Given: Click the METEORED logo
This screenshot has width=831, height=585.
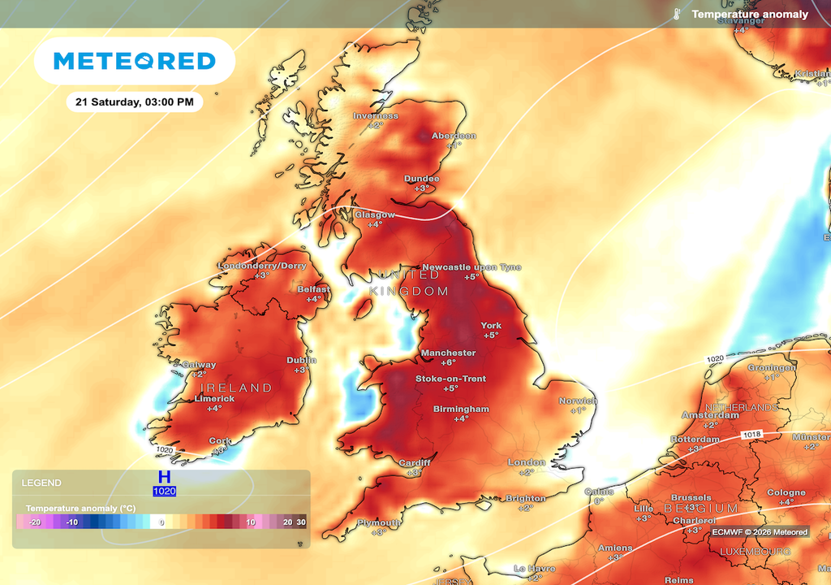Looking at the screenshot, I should click(134, 61).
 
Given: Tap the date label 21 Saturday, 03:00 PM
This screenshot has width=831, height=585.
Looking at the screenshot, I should click(134, 102).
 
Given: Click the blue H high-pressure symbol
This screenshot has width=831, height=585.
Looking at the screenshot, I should click(164, 477).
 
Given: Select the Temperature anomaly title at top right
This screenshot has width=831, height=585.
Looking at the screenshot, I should click(749, 14).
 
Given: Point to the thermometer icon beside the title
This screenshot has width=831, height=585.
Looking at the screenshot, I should click(675, 14).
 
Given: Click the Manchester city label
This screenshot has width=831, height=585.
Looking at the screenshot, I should click(448, 353).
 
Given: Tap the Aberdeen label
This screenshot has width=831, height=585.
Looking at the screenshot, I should click(454, 136).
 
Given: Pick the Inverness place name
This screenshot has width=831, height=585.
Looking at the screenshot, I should click(376, 115).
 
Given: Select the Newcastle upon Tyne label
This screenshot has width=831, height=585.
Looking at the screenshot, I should click(471, 267).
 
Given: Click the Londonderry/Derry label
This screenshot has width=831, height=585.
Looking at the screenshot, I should click(262, 266).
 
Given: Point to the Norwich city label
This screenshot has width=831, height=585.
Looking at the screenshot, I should click(578, 401).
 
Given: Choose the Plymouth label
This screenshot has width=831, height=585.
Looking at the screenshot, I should click(379, 522).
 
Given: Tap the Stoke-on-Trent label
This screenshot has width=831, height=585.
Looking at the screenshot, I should click(450, 379).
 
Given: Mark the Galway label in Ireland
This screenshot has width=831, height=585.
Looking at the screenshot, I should click(199, 365).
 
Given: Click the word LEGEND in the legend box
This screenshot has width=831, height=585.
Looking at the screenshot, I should click(41, 483).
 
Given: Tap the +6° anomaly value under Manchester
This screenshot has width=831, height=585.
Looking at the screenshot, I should click(448, 363).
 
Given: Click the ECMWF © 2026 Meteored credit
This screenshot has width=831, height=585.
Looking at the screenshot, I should click(760, 532).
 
